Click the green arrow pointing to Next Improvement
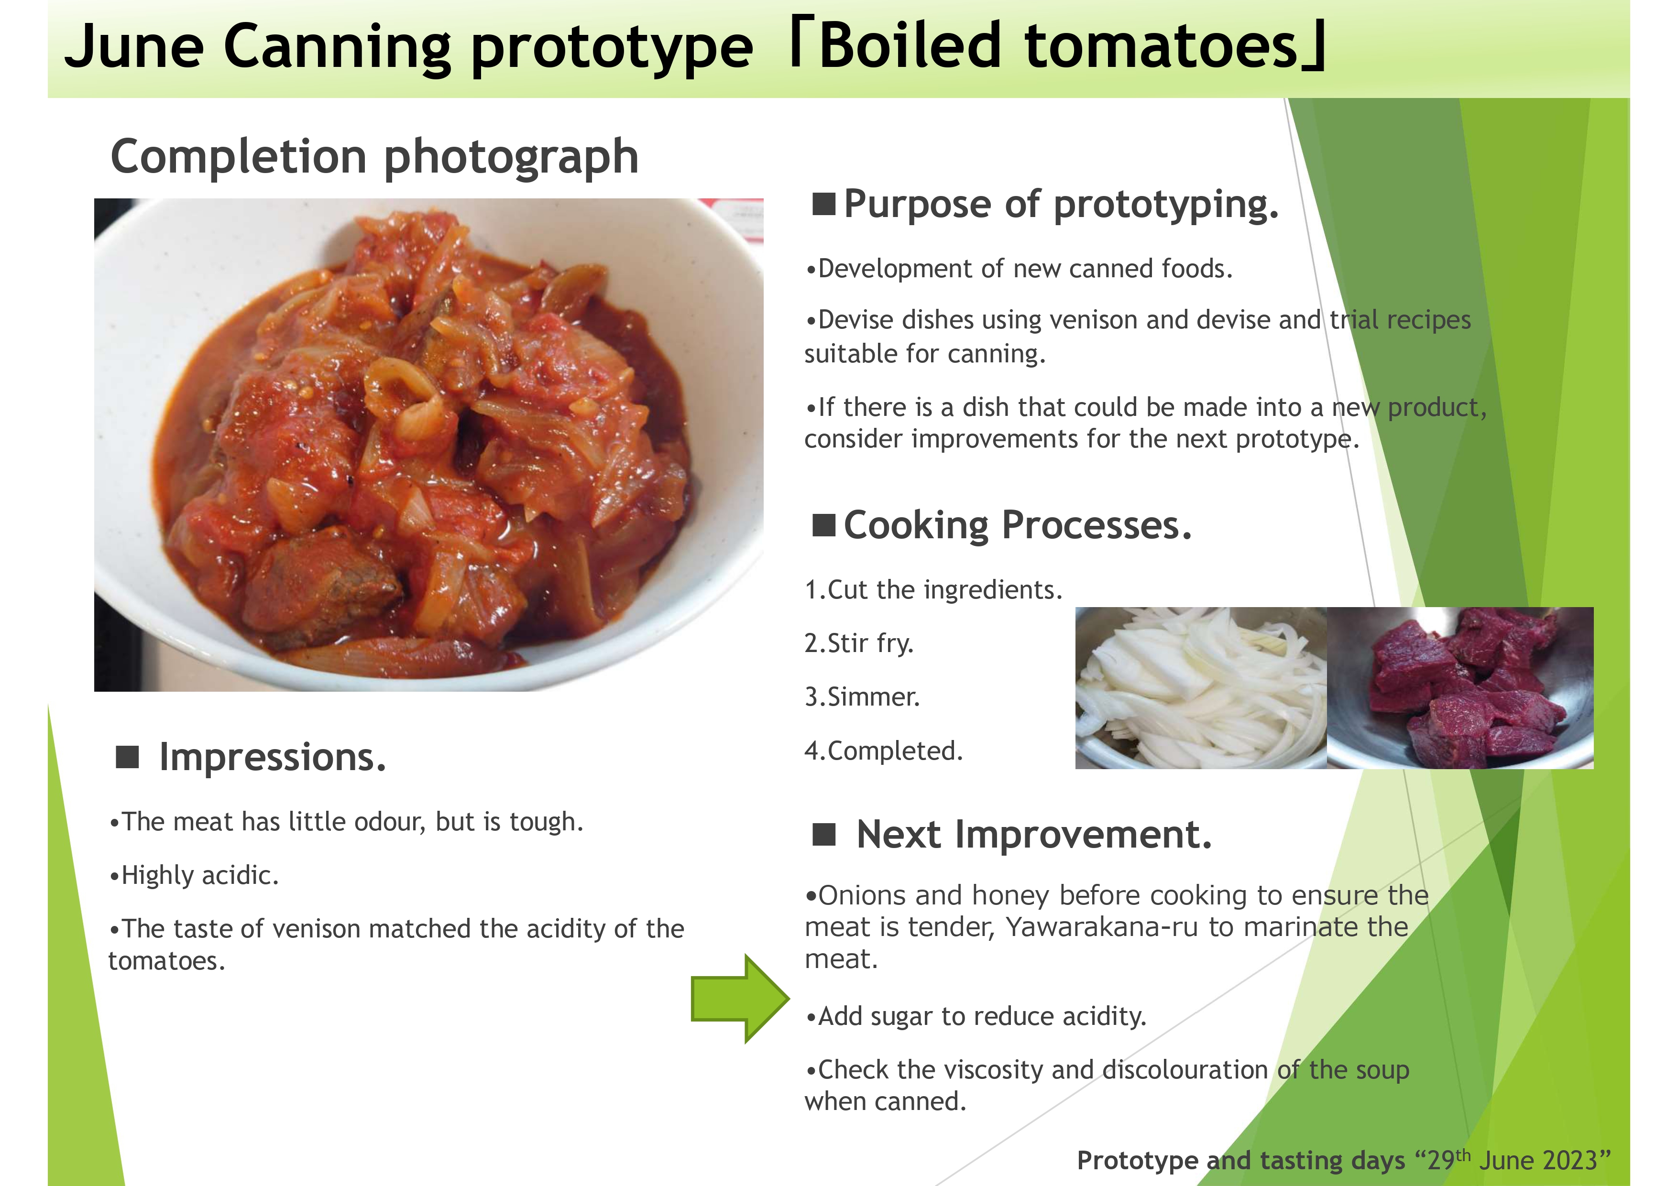740,998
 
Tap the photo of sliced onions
1201,687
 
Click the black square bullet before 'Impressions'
127,757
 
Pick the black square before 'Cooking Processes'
823,525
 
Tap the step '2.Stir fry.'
859,643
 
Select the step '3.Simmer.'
862,696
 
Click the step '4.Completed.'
884,751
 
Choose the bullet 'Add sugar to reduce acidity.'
976,1016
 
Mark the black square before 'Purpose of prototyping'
823,204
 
